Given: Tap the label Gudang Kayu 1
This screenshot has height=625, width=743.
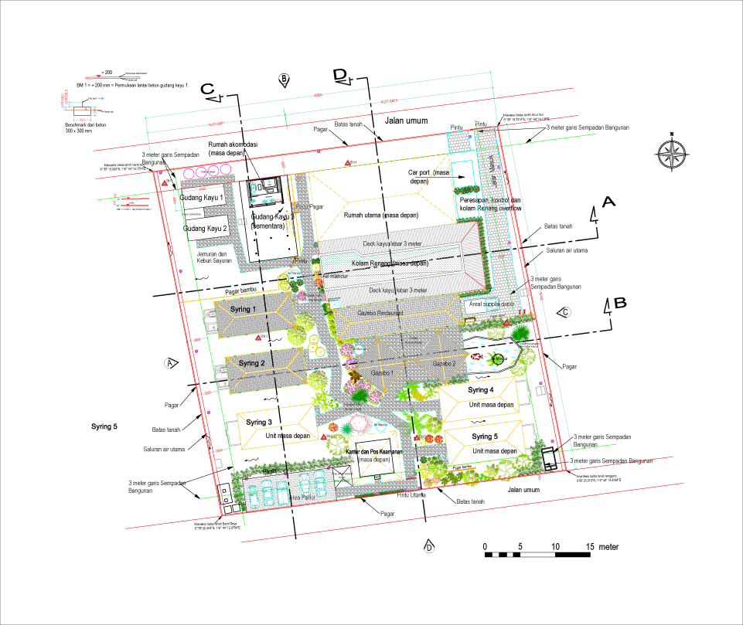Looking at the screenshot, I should coord(202,199).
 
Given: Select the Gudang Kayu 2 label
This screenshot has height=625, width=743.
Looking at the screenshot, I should coord(206,229).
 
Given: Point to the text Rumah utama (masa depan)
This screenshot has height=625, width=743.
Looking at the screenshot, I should coord(383,215).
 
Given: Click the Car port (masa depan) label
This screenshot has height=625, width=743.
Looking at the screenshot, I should coord(429,177).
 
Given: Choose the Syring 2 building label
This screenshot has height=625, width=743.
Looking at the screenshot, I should coord(252,363).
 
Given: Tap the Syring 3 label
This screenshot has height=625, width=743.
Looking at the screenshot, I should coord(259,423).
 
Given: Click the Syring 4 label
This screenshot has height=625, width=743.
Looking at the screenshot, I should coord(480,390).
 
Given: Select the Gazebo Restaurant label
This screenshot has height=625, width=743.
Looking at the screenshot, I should coord(380,313).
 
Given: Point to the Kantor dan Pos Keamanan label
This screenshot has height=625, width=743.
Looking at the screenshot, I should coord(375,451).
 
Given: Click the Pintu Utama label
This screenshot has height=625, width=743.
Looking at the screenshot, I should coord(411,495).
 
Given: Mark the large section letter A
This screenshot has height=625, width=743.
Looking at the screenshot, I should coord(608,202).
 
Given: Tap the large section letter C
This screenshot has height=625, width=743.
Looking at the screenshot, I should coord(207,89).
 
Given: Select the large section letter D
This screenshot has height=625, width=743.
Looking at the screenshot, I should coord(339,74).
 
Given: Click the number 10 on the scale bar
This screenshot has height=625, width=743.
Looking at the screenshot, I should coord(555,547).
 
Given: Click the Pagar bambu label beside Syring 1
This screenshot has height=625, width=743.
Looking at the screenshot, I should coord(240,291).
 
